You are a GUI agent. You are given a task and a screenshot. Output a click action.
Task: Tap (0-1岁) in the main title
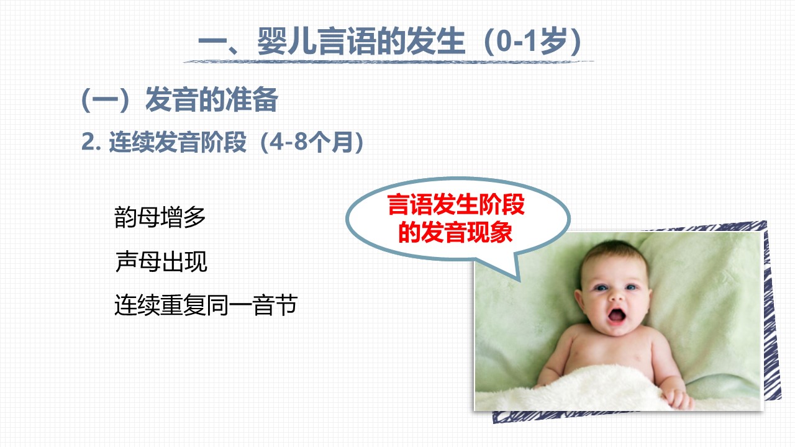tap(532, 42)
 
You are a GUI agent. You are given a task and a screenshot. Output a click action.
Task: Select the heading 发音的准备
tap(212, 100)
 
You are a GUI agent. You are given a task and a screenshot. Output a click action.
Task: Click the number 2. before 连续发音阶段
tap(91, 142)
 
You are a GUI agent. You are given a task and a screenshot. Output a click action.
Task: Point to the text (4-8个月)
tap(312, 142)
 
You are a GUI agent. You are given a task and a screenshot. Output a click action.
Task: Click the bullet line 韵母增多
tap(160, 217)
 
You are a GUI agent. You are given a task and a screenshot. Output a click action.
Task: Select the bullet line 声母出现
tap(161, 261)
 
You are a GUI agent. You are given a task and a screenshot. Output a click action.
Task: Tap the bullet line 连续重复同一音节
tap(206, 305)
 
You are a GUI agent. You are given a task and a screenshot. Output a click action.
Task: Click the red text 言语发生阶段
tap(456, 205)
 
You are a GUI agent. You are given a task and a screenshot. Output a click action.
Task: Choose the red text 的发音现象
tap(456, 232)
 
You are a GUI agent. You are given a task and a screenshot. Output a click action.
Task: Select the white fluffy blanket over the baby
tap(586, 391)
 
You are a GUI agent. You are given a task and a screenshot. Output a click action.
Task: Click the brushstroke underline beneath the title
tap(388, 62)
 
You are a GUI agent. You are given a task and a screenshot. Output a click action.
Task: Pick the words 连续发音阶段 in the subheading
tap(178, 142)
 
